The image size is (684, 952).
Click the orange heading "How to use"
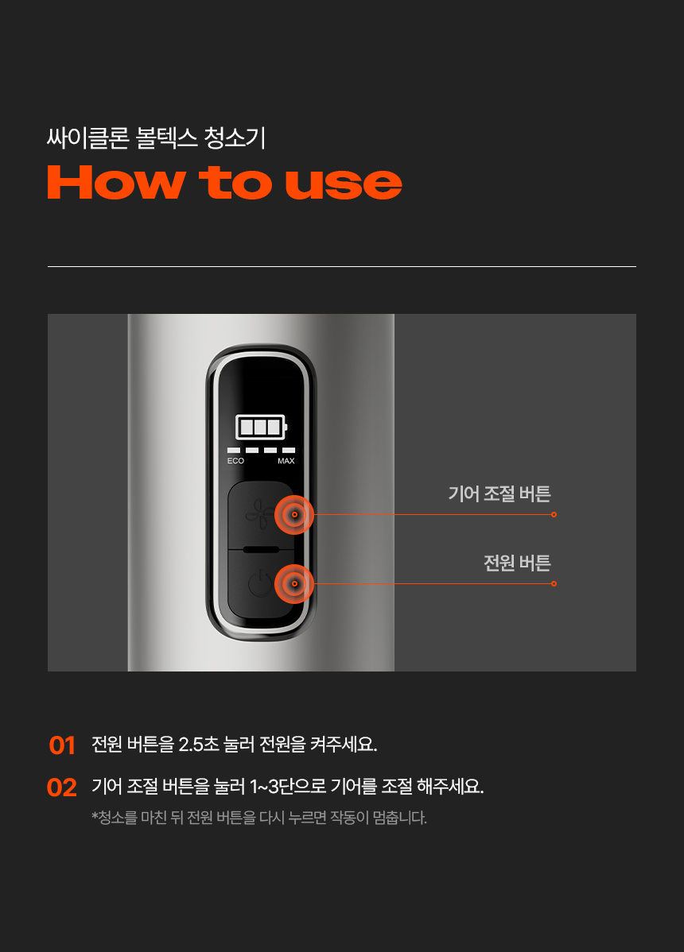coord(225,182)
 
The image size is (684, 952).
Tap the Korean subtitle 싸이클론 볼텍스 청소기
coord(156,137)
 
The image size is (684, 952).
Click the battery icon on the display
coord(261,428)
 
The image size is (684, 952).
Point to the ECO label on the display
coord(235,461)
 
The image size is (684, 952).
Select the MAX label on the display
coord(286,461)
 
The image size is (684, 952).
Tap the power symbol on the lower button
coord(259,583)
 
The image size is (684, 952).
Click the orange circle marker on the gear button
coord(294,515)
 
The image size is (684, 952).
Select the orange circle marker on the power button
coord(294,583)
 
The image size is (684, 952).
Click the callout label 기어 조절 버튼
coord(499,493)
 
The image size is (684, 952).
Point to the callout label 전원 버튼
coord(517,563)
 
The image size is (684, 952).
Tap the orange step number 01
coord(62,745)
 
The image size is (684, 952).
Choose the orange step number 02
coord(62,788)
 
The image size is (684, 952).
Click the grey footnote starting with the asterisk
coord(259,817)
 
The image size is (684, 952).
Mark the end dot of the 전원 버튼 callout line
coord(554,583)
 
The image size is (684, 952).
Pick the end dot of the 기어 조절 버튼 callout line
coord(554,514)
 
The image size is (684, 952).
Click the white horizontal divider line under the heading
coord(342,266)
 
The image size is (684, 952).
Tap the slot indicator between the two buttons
coord(261,549)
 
